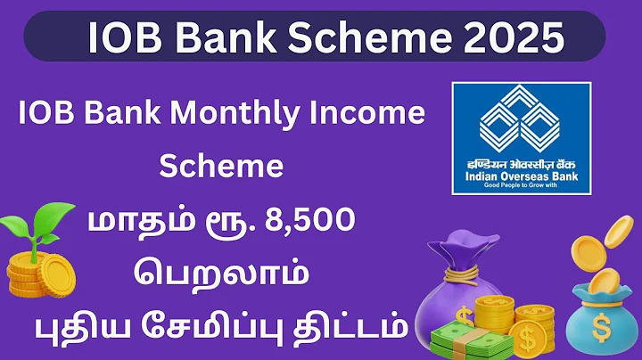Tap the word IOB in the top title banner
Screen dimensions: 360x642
(124, 37)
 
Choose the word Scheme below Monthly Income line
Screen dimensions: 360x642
(220, 167)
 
